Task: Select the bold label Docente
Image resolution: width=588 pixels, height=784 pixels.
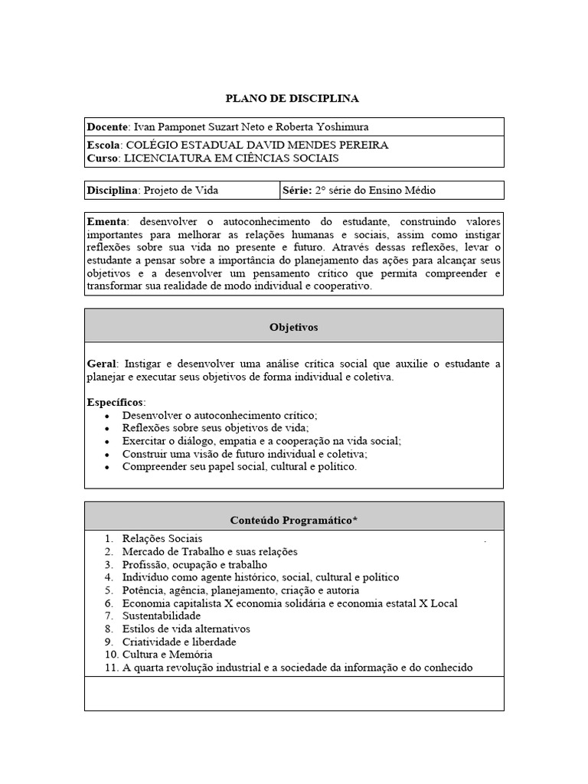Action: [x=108, y=127]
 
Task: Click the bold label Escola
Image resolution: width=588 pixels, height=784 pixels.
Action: [x=104, y=145]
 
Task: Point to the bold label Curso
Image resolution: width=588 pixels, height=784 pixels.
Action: [x=103, y=158]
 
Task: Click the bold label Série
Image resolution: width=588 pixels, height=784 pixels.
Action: [x=299, y=190]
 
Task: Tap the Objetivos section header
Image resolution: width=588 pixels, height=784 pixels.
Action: [x=293, y=327]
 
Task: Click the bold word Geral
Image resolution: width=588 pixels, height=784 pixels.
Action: [x=101, y=363]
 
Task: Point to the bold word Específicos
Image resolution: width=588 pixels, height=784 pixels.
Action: [x=116, y=402]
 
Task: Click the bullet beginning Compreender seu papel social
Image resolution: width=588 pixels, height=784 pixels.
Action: [x=239, y=466]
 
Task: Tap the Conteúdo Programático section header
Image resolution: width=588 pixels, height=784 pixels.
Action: [x=294, y=520]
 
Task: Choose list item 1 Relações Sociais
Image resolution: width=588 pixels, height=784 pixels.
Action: [x=162, y=539]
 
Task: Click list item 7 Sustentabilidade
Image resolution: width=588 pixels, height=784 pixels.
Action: [x=161, y=616]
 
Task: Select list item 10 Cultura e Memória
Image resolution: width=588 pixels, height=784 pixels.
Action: [x=167, y=655]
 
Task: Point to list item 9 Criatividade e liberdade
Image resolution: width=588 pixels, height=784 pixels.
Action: [x=179, y=642]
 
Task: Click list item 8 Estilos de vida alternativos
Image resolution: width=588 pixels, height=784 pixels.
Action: [x=186, y=629]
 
